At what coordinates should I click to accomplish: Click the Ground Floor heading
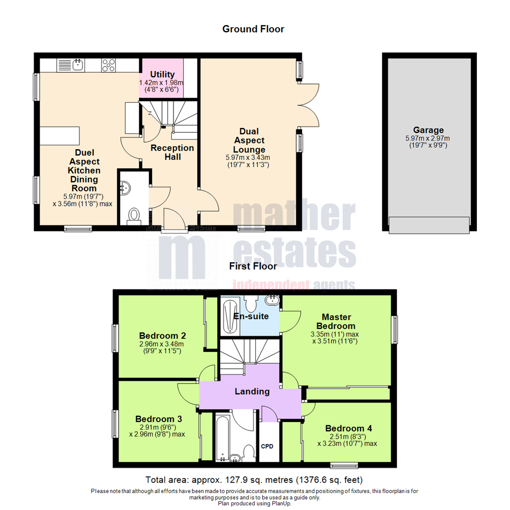click(253, 29)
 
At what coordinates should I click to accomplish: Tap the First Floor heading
click(253, 266)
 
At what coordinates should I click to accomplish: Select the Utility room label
click(162, 75)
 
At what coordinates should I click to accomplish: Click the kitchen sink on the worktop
click(78, 64)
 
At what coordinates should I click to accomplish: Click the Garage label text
click(428, 130)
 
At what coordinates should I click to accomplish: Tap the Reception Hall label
click(172, 152)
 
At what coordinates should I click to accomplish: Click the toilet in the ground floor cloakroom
click(134, 216)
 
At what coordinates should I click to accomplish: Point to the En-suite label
click(251, 316)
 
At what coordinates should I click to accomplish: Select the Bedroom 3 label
click(159, 419)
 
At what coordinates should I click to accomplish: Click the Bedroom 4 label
click(348, 428)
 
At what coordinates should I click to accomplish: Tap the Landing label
click(252, 391)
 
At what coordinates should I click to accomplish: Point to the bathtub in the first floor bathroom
click(221, 437)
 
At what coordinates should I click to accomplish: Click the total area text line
click(254, 480)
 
